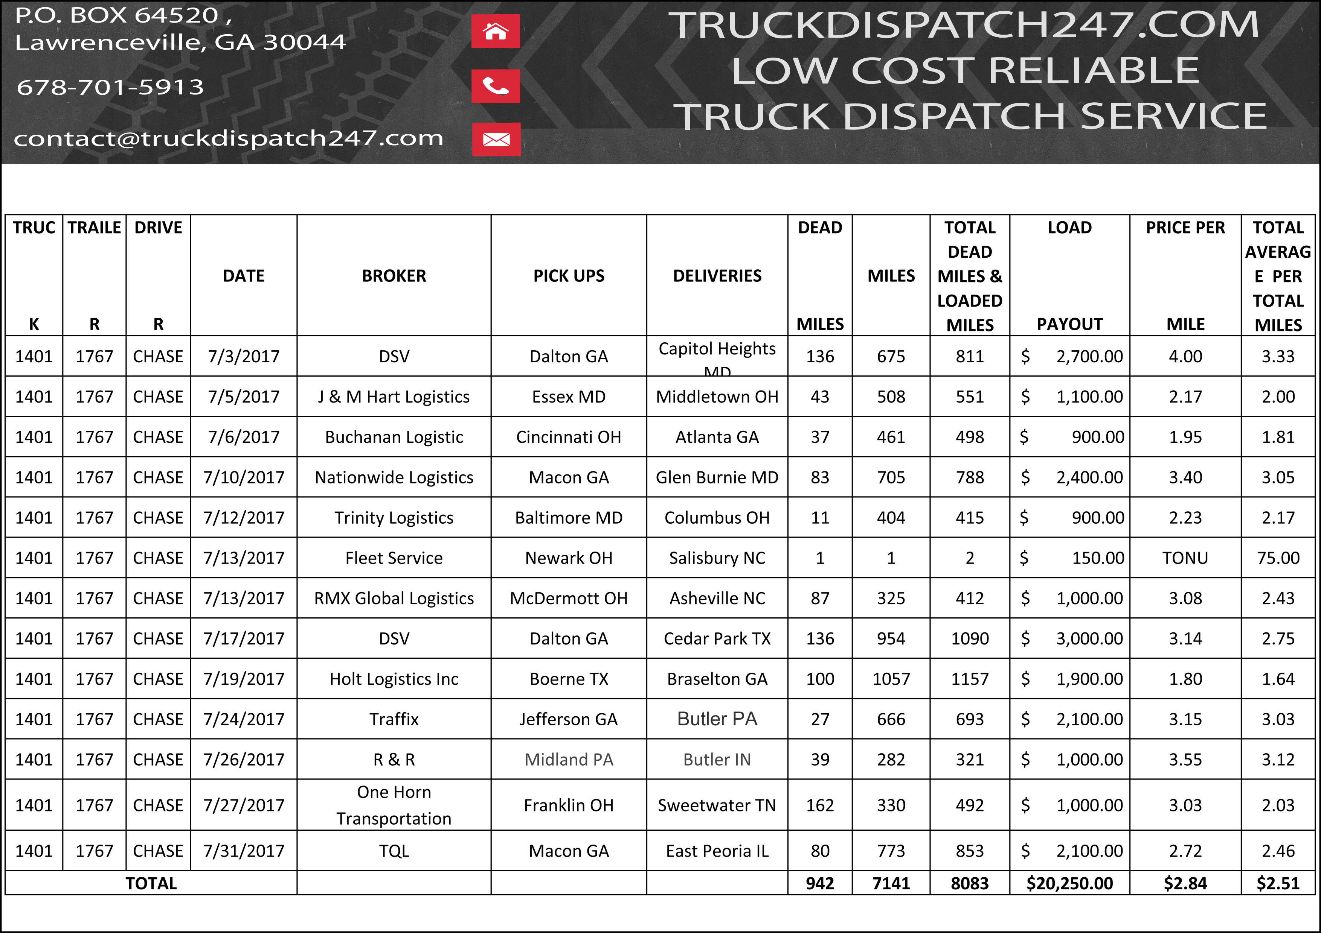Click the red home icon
(496, 31)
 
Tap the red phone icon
(496, 86)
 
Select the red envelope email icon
(496, 139)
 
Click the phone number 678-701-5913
(110, 87)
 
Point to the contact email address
(229, 138)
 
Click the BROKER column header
(394, 276)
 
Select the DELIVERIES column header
(717, 276)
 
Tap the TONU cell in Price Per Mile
(1185, 558)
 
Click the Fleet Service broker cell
(394, 558)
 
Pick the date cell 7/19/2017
(243, 679)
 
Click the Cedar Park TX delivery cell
(717, 639)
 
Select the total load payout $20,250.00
(1069, 883)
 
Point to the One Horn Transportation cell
(394, 805)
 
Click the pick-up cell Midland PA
(569, 760)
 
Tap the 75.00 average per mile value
(1278, 558)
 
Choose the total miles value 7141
(891, 883)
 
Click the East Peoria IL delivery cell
(717, 851)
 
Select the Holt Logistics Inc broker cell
(394, 679)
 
